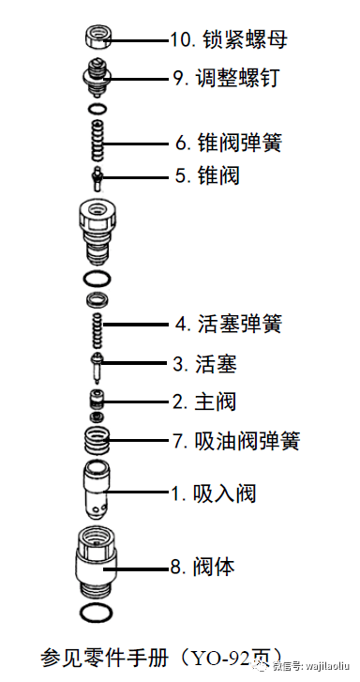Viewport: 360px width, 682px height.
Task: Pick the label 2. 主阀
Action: coord(203,402)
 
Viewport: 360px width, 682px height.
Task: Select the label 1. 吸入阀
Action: coord(213,493)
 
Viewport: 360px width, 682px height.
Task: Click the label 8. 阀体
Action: coord(202,566)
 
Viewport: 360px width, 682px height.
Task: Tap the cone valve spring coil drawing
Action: coord(97,143)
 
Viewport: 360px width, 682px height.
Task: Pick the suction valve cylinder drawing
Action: coord(97,488)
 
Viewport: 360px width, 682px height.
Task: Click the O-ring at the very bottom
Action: coord(97,614)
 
